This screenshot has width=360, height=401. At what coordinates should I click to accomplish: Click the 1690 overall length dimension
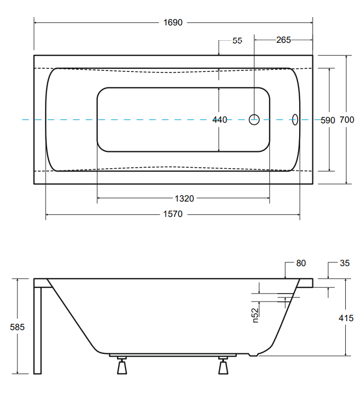[x=173, y=22]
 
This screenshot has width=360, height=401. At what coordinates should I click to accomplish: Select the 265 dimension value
[x=283, y=40]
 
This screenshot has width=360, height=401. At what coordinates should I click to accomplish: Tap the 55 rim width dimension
[x=237, y=40]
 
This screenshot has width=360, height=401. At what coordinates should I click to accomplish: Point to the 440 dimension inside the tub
[x=220, y=120]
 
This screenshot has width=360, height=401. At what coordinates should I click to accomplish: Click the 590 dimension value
[x=328, y=120]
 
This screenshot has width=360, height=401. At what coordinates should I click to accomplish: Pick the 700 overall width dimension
[x=347, y=120]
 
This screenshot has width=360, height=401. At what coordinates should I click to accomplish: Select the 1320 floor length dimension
[x=184, y=199]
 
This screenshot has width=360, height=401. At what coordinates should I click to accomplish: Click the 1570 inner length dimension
[x=173, y=214]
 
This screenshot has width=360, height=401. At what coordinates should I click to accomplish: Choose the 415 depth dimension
[x=346, y=318]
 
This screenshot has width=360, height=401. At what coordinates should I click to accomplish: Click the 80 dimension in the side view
[x=301, y=263]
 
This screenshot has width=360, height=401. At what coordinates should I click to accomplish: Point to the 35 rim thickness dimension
[x=345, y=263]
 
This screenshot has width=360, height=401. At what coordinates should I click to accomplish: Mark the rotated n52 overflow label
[x=255, y=315]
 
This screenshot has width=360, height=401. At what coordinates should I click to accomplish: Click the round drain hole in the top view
[x=254, y=120]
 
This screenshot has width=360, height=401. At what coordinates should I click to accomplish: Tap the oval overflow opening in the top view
[x=295, y=120]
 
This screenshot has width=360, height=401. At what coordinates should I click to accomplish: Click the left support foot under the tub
[x=122, y=366]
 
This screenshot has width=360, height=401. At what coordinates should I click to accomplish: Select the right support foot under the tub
[x=223, y=366]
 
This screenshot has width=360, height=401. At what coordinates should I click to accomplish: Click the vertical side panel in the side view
[x=37, y=328]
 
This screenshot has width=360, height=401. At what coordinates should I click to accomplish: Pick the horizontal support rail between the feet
[x=173, y=355]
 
